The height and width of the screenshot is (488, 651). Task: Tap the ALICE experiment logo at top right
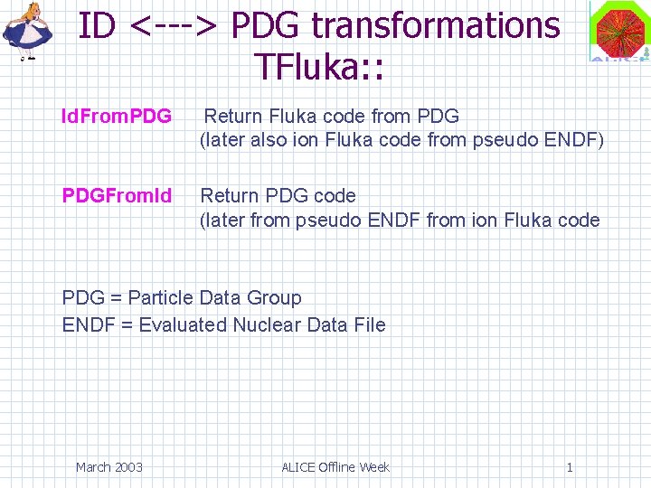[x=619, y=32]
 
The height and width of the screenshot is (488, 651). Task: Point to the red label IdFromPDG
[x=116, y=117]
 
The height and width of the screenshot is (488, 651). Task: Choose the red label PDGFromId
[x=117, y=195]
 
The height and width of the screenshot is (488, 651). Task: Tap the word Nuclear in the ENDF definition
[x=269, y=325]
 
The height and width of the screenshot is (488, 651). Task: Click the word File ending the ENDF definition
[x=370, y=325]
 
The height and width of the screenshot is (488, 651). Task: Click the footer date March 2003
[x=108, y=467]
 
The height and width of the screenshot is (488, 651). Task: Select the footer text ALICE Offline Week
[x=335, y=467]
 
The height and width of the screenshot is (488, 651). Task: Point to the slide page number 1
[x=570, y=467]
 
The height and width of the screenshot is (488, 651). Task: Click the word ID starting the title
[x=97, y=25]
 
